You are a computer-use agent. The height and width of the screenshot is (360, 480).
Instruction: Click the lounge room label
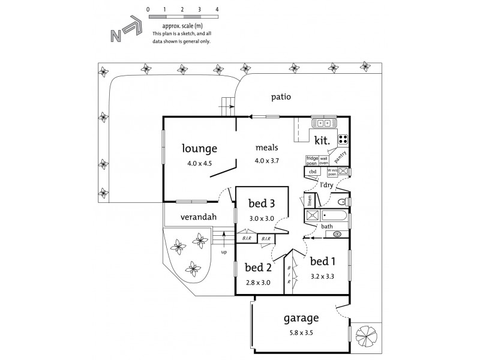(x=200, y=148)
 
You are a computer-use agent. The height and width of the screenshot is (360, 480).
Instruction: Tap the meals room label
(x=266, y=148)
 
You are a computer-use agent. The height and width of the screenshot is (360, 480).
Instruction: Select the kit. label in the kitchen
(x=322, y=140)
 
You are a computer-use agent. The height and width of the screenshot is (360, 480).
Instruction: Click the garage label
(x=301, y=318)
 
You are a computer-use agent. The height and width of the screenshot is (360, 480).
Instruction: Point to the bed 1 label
(x=322, y=261)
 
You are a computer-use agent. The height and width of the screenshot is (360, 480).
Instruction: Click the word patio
(x=280, y=96)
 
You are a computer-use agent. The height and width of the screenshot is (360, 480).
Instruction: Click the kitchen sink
(x=324, y=123)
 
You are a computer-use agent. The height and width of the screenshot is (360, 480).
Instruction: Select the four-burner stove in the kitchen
(x=343, y=140)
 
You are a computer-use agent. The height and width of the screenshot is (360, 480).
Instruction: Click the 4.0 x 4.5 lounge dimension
(x=200, y=162)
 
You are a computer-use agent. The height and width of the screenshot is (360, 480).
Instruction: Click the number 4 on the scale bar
(x=217, y=11)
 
